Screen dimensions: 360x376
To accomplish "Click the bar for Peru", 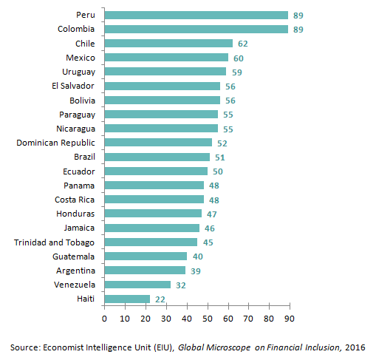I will pos(196,15).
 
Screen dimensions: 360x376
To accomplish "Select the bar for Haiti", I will pos(127,299).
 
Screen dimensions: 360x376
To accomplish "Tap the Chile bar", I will pos(168,44).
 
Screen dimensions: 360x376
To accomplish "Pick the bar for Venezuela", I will pos(137,285).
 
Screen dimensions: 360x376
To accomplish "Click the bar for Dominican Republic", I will pos(158,143).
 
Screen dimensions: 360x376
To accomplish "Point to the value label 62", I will pos(243,44).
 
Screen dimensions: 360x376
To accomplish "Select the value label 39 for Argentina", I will pos(196,271).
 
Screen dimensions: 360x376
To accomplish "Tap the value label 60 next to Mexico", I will pos(239,58).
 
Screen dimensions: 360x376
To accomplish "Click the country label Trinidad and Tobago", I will pos(54,242).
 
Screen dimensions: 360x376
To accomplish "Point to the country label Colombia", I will pos(75,30).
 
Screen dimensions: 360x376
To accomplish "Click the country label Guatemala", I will pos(73,257).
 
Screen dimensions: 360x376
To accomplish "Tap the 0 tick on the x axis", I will pos(104,318).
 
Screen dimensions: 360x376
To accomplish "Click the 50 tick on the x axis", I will pos(207,318).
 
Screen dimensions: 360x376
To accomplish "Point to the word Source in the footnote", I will pos(24,347).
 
